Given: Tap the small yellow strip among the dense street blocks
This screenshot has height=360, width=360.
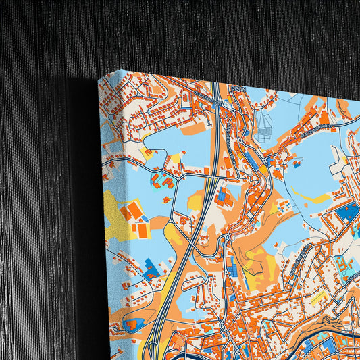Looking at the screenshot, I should tap(313, 298).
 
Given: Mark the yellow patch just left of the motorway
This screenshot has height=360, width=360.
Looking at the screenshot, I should tap(195, 201).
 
